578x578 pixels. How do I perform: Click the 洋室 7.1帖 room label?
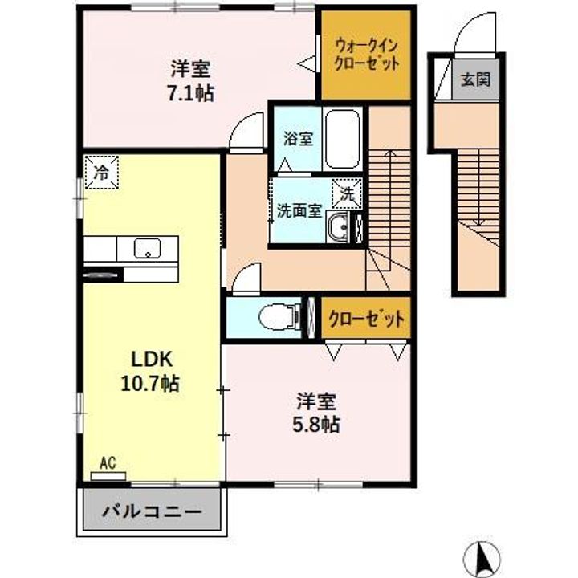tap(191, 80)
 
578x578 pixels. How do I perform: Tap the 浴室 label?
tap(297, 138)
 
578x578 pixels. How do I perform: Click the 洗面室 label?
tap(299, 211)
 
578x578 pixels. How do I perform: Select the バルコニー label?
tap(151, 510)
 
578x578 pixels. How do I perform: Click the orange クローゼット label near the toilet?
tap(366, 320)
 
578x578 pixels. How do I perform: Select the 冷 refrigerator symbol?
tap(101, 171)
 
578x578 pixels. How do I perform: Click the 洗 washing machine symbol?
tap(347, 193)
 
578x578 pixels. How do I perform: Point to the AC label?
tap(108, 462)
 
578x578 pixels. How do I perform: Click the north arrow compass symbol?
tap(484, 556)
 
